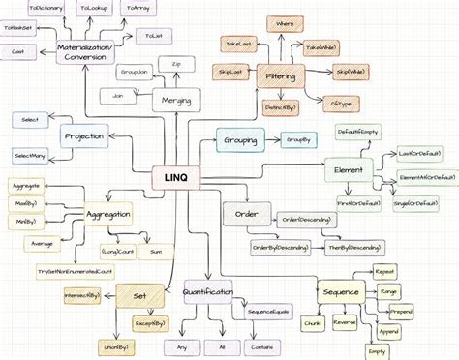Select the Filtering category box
click(x=280, y=75)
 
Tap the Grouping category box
click(x=239, y=141)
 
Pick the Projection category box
click(x=84, y=137)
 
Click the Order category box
click(x=239, y=214)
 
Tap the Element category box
click(x=348, y=170)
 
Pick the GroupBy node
click(x=298, y=141)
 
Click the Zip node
click(x=176, y=64)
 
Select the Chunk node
click(x=313, y=321)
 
